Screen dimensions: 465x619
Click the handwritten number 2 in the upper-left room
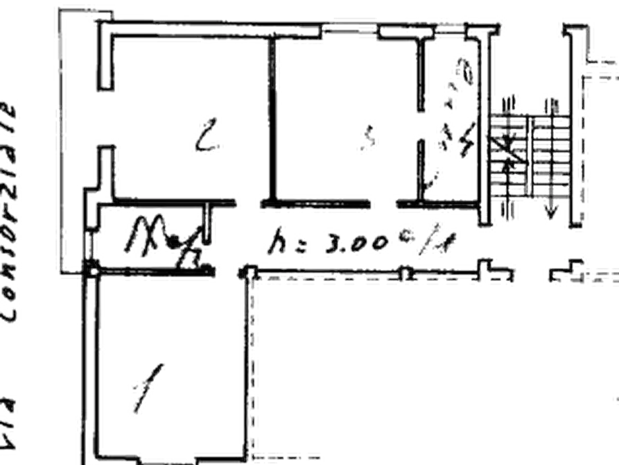[206, 137]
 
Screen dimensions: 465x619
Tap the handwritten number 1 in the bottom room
[146, 390]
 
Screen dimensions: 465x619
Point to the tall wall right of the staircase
[575, 125]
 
